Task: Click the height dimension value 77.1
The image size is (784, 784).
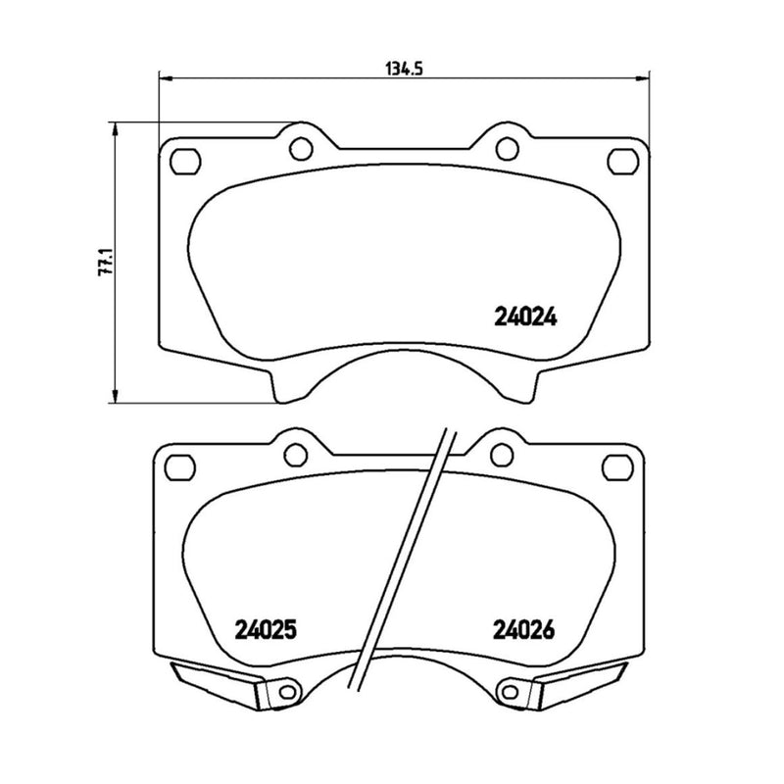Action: tap(109, 263)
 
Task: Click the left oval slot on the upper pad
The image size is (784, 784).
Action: tap(184, 159)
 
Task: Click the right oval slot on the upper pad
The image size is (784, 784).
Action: tap(621, 159)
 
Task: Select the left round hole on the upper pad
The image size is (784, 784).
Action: tap(301, 148)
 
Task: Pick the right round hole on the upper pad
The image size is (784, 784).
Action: tap(506, 148)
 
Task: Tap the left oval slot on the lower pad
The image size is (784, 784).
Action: tap(180, 463)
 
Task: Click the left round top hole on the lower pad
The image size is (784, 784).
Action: tap(295, 453)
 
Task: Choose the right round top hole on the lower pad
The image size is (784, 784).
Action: tap(502, 453)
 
